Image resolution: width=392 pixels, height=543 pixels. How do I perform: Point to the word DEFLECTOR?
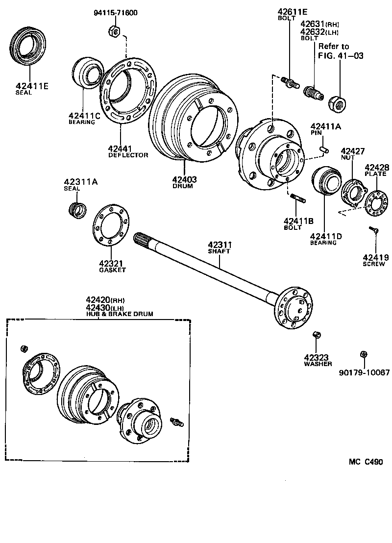point(128,155)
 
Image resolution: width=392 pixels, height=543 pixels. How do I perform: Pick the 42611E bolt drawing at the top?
point(290,82)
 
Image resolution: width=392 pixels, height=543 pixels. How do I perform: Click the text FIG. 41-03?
point(341,55)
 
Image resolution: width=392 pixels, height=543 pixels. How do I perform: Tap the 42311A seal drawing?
point(77,209)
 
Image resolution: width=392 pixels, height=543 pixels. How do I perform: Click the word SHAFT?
point(219,251)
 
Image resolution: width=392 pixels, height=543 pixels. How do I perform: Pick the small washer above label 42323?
point(317,335)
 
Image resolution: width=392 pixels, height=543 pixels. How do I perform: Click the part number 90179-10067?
point(364,372)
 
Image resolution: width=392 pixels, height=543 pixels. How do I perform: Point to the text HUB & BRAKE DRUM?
point(120,314)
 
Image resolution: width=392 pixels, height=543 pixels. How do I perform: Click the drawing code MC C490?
point(366,462)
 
